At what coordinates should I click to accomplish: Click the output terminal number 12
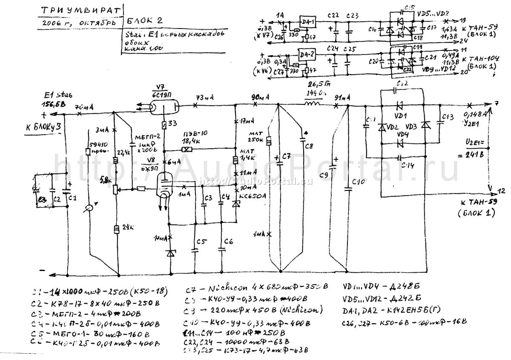[501, 190]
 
